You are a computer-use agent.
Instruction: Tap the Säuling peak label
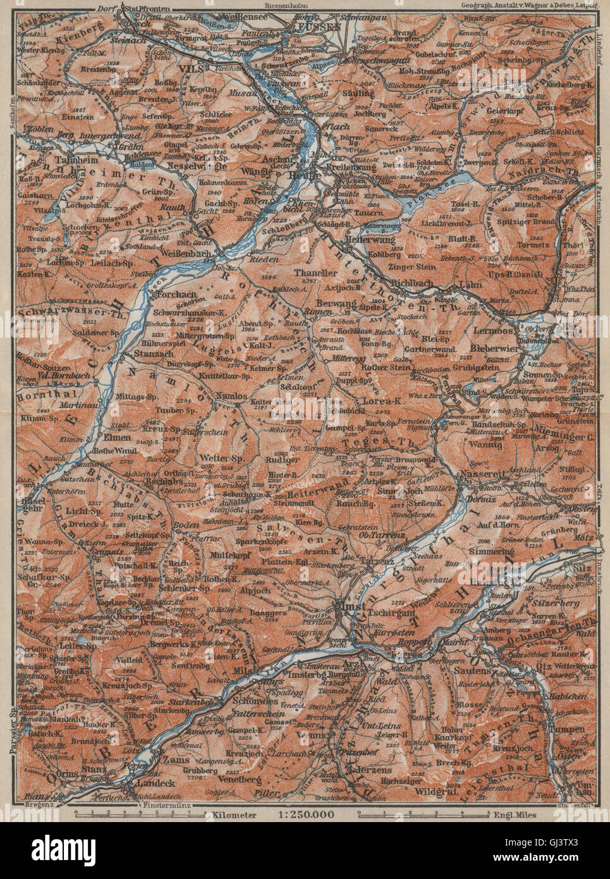(358, 93)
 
